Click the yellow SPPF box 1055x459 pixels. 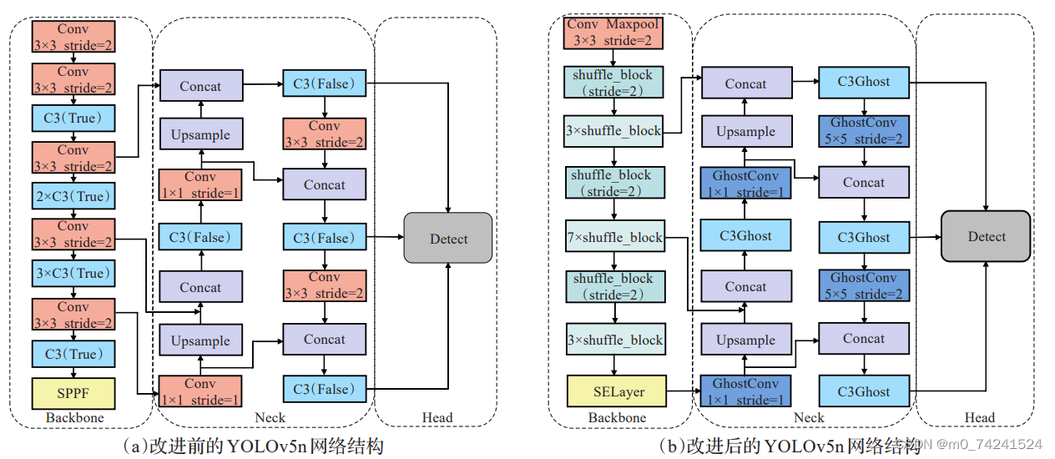(x=73, y=392)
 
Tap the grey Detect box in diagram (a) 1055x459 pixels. (x=448, y=239)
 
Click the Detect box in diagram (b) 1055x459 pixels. (x=986, y=237)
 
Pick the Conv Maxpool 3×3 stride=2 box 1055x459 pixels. (x=614, y=33)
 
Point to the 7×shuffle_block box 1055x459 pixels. (x=614, y=238)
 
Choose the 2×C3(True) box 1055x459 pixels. (x=73, y=196)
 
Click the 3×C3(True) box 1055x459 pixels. (x=73, y=273)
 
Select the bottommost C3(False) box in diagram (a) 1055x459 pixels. (x=324, y=389)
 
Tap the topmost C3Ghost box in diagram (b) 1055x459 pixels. (x=863, y=82)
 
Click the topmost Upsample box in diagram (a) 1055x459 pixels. (x=200, y=134)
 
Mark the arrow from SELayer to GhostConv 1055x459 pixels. (x=682, y=391)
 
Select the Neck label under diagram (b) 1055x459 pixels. (x=808, y=417)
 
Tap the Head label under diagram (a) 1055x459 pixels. (x=437, y=417)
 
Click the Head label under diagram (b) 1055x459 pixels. (x=979, y=417)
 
